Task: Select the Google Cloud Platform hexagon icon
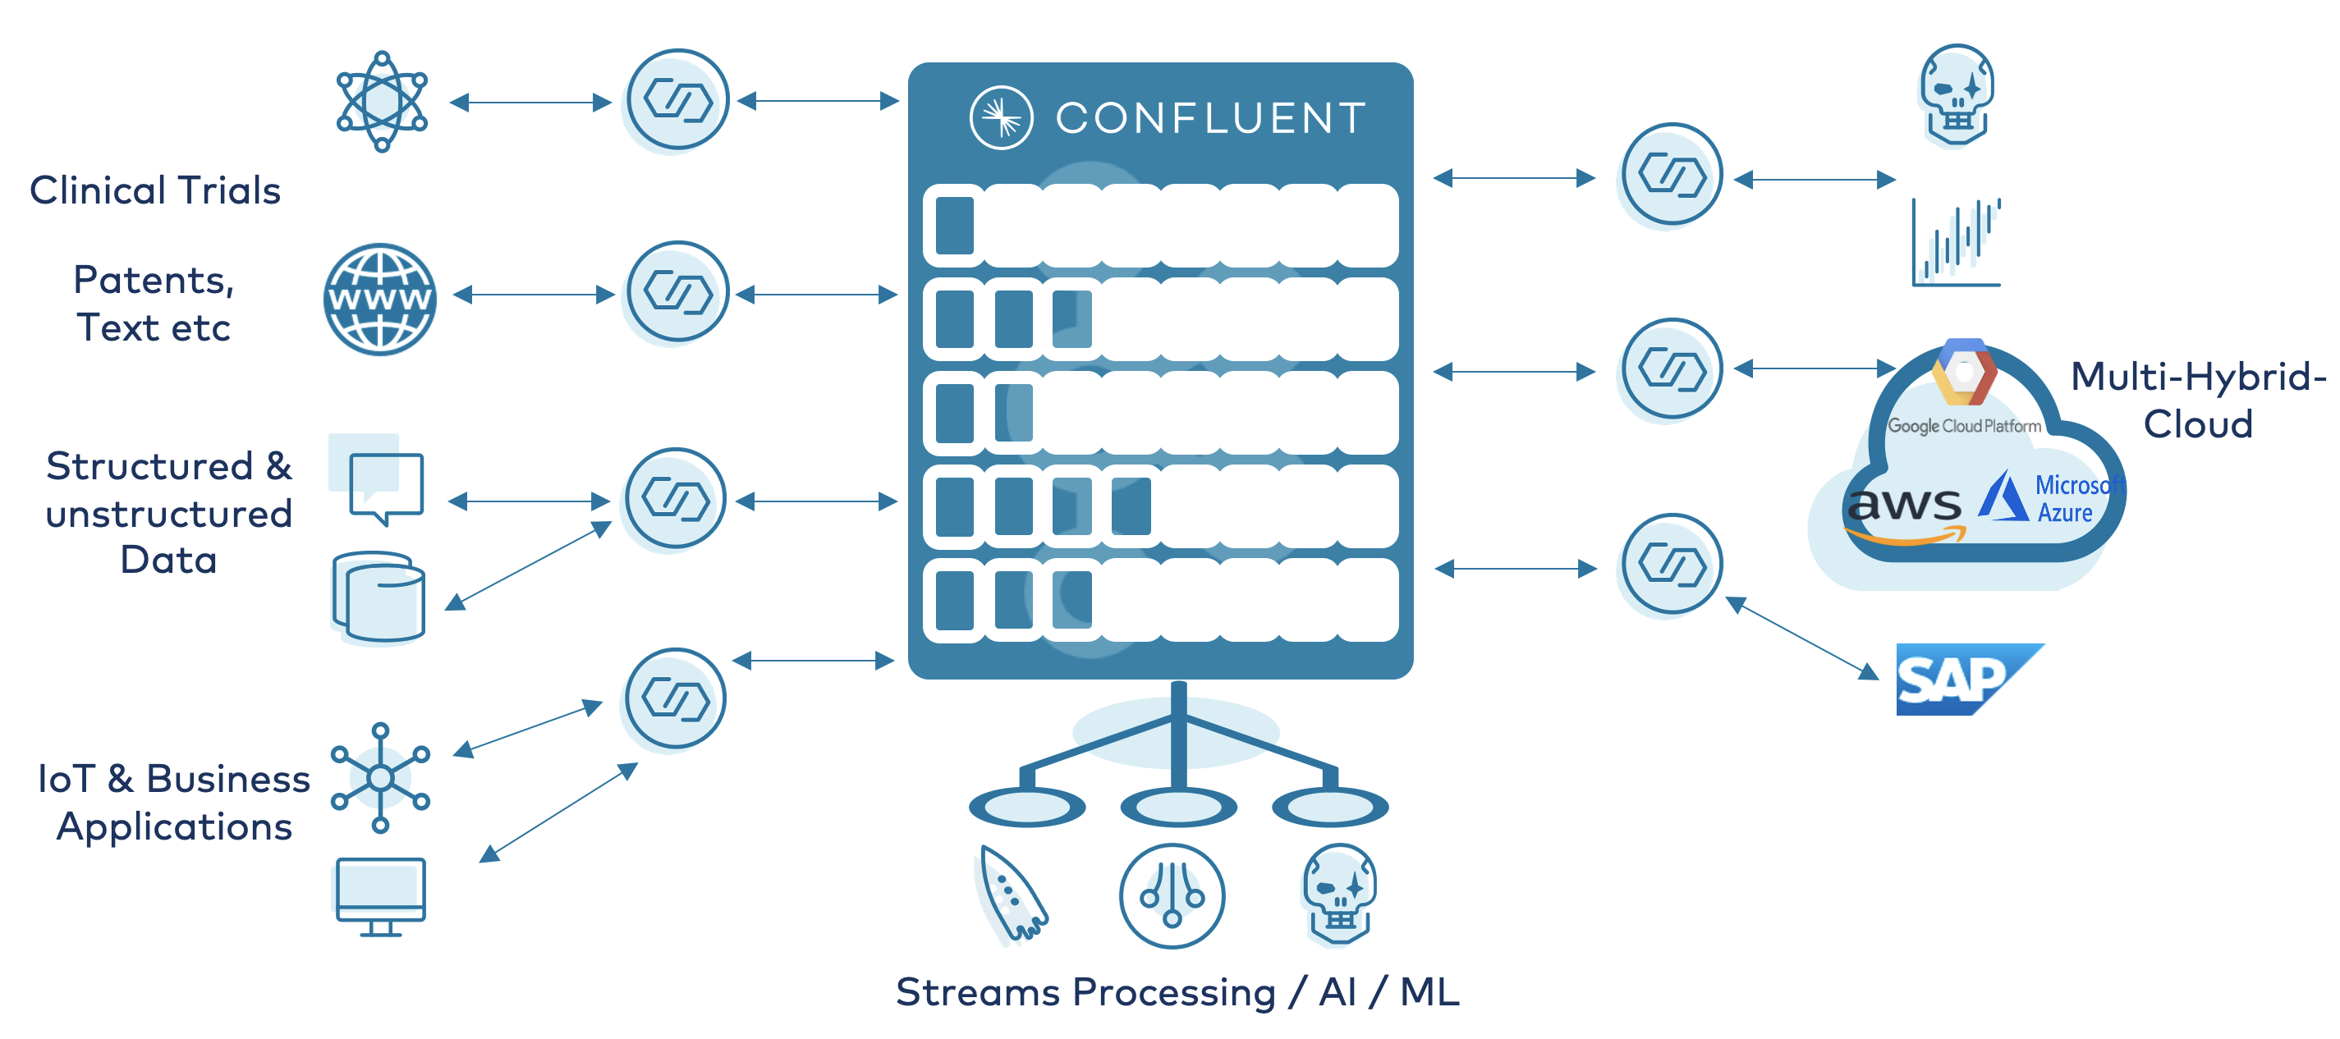[x=1964, y=373]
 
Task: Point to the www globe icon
[x=379, y=299]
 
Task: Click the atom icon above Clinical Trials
[x=382, y=102]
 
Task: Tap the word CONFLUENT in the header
[x=1211, y=118]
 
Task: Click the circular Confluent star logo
[x=1001, y=118]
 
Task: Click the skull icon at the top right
[x=1957, y=95]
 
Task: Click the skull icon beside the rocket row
[x=1340, y=895]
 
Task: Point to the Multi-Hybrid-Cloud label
[x=2198, y=400]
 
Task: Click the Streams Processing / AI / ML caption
[x=1177, y=991]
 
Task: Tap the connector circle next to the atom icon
[x=677, y=100]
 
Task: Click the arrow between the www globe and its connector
[x=535, y=295]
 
